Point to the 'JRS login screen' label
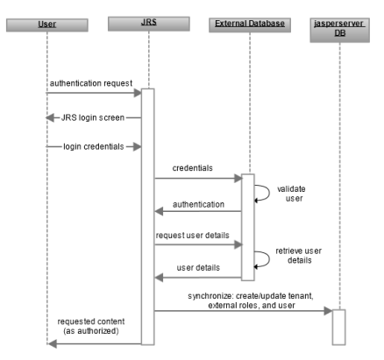point(96,116)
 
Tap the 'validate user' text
point(290,194)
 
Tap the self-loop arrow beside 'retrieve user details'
point(261,260)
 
